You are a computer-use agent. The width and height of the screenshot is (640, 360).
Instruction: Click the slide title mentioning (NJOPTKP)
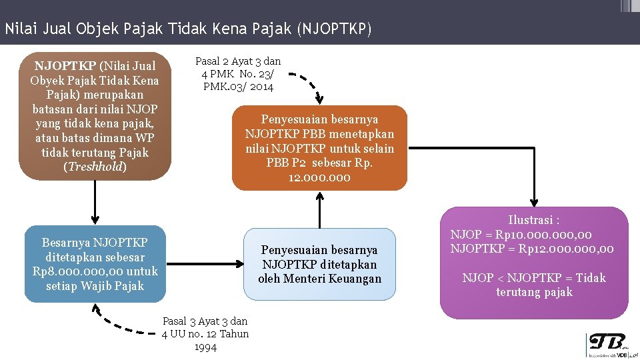point(187,29)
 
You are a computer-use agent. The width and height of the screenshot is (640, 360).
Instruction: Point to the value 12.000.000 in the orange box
point(319,178)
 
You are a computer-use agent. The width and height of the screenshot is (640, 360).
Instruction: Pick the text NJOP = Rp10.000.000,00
point(521,235)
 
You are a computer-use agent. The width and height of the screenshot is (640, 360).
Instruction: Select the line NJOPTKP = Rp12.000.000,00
point(532,249)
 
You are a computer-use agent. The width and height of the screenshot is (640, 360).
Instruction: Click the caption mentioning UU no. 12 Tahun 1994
point(205,334)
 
